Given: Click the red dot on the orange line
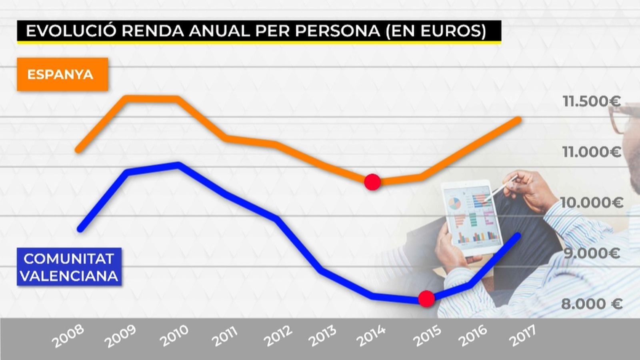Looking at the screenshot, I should pos(372,182).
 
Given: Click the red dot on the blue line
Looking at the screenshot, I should pos(426,298).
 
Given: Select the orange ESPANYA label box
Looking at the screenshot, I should pos(62,74).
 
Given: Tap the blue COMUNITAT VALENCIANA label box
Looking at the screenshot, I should pos(69,267).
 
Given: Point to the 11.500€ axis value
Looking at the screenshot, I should pos(591,101).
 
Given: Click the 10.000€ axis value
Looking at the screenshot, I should pos(591,202).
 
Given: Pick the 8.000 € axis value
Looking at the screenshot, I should pos(591,304).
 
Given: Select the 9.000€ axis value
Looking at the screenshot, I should pos(591,253).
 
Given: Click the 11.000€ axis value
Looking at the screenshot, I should pos(591,152).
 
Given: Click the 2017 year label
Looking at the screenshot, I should pos(522,335).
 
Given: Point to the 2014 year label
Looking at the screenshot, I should pos(371,336).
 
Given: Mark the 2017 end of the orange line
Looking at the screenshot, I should pos(518,120).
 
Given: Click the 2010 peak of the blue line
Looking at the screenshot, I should pos(178,165).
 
